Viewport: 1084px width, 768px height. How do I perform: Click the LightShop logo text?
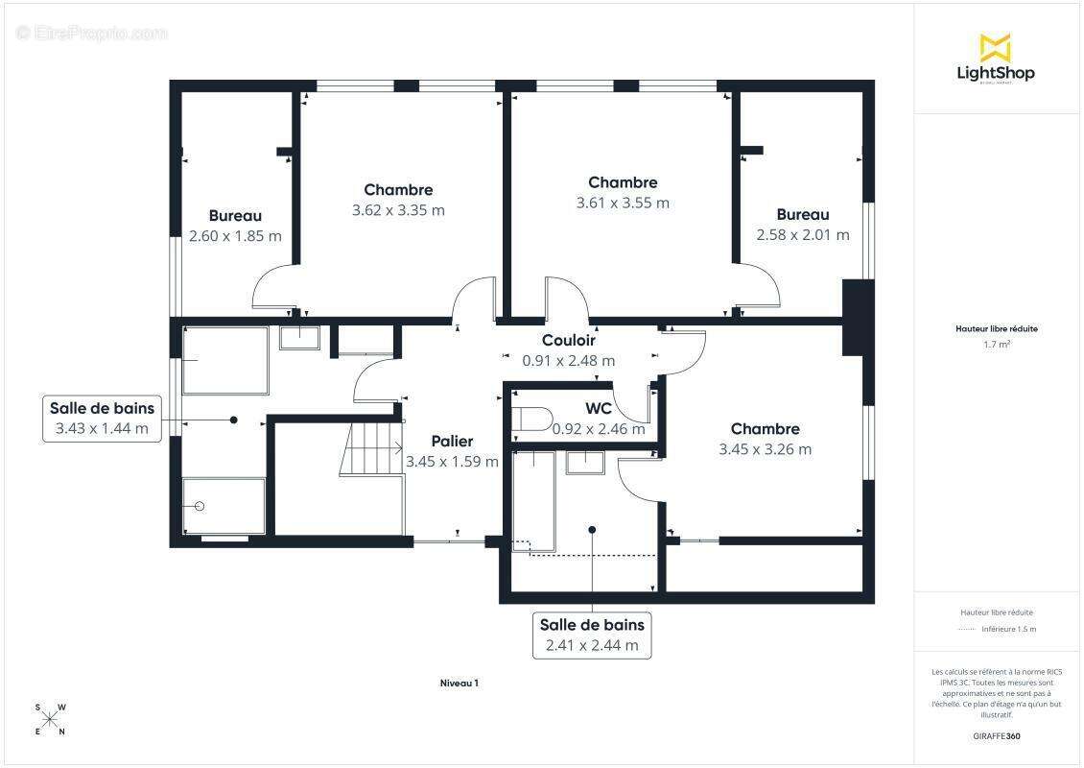[x=996, y=73]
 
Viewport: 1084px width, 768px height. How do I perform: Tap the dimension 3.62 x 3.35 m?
[x=398, y=210]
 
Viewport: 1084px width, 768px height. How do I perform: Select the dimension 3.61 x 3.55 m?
[x=623, y=203]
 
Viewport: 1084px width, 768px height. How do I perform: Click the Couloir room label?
[x=568, y=340]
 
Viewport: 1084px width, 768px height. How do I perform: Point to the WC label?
[x=598, y=408]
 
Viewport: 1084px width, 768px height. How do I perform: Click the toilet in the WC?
[x=531, y=420]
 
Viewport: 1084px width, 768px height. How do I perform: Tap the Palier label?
[x=452, y=441]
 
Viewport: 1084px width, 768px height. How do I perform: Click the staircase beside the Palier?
[x=371, y=448]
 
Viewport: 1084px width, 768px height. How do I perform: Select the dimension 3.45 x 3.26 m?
[x=766, y=449]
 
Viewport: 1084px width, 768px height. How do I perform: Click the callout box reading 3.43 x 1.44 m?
[x=102, y=418]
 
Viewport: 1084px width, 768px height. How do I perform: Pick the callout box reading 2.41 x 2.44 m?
[x=592, y=636]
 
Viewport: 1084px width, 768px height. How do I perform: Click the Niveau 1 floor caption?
[x=460, y=683]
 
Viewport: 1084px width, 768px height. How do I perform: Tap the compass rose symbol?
[x=50, y=720]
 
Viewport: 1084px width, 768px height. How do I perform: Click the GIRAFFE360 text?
[x=996, y=736]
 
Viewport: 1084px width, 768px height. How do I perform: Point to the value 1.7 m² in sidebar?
[x=997, y=344]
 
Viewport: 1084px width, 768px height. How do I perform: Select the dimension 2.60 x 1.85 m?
[x=235, y=236]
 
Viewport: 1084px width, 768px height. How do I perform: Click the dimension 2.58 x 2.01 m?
[x=803, y=234]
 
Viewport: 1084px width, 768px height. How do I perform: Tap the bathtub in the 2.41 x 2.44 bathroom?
[x=533, y=502]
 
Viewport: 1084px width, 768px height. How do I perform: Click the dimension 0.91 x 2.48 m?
[x=568, y=360]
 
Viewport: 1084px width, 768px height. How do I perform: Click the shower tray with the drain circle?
[x=224, y=506]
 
